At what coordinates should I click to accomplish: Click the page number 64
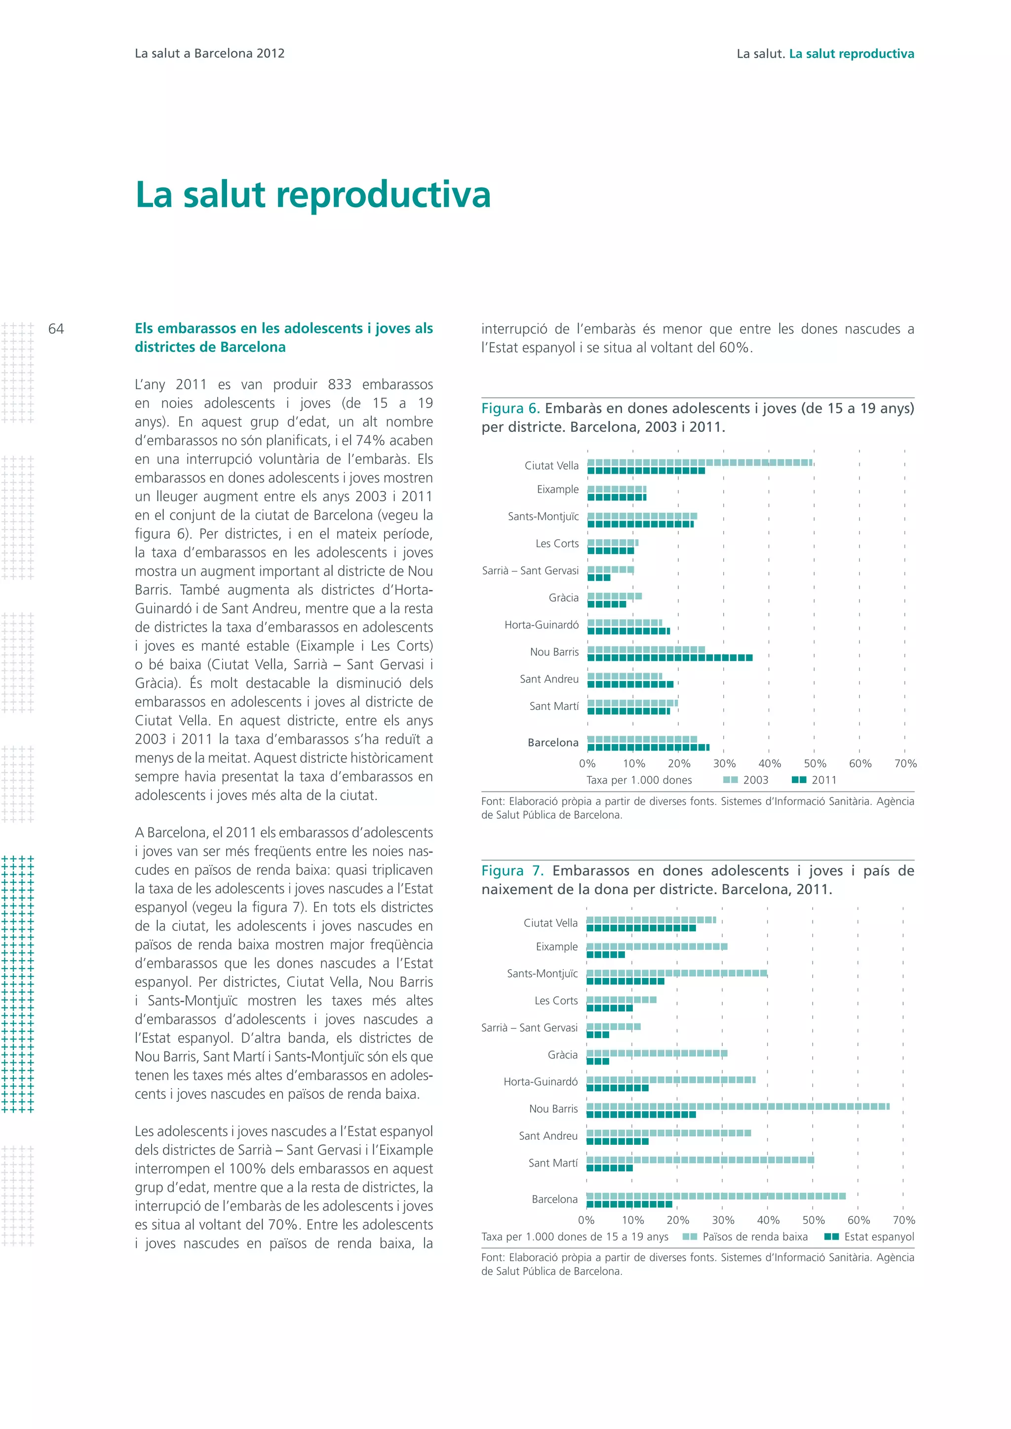tap(56, 329)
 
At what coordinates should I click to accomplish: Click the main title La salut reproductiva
tap(312, 194)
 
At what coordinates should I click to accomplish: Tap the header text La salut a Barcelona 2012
tap(209, 53)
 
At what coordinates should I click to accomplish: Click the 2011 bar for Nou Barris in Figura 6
tap(669, 658)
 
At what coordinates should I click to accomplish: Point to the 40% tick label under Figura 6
tap(770, 764)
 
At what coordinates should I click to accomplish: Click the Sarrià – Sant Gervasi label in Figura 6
tap(530, 571)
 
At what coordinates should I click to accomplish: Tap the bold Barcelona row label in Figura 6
tap(553, 743)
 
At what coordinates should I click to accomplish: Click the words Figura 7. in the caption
tap(512, 871)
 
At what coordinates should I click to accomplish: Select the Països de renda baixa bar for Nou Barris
tap(737, 1106)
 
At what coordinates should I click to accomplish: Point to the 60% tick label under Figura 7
tap(858, 1220)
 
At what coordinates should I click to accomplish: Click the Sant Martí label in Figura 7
tap(553, 1163)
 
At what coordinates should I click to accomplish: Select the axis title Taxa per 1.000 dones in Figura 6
tap(639, 780)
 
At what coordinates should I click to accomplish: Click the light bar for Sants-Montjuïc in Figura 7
tap(676, 973)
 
